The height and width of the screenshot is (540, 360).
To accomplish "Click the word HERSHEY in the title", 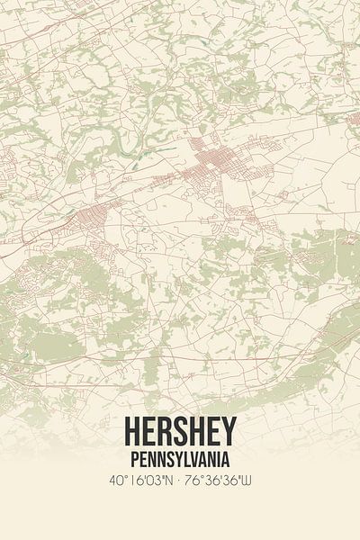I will (x=180, y=431).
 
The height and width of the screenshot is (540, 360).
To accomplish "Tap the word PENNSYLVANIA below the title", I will (x=180, y=459).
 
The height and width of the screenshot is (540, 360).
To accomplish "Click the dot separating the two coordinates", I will (x=178, y=481).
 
